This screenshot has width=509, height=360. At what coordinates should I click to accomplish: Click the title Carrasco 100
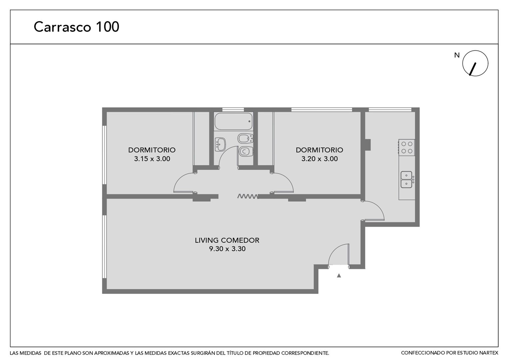coord(76,27)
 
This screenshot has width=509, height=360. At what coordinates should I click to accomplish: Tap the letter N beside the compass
coord(457,55)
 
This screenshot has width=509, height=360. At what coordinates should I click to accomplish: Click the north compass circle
coord(475,63)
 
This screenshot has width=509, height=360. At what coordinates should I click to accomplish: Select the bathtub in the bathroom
coord(234,121)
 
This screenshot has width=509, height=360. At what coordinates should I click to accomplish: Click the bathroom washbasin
coord(220,144)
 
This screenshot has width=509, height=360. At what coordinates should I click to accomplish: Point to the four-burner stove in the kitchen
coord(407,147)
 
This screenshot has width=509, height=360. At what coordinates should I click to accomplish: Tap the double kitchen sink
coord(406,179)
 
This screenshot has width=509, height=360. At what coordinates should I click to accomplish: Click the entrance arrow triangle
coord(339,276)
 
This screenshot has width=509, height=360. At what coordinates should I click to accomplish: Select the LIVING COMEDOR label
coord(227,240)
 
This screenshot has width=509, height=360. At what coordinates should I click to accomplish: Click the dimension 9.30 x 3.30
coord(227,249)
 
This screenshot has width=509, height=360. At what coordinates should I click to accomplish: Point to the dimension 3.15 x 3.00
coord(152,159)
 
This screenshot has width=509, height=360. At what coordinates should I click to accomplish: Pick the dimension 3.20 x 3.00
coord(319,159)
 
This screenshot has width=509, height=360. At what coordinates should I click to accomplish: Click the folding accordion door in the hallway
coord(248,196)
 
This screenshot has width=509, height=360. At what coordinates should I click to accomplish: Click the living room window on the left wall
coord(105,247)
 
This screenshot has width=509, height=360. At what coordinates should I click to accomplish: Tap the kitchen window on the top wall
coord(390,110)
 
